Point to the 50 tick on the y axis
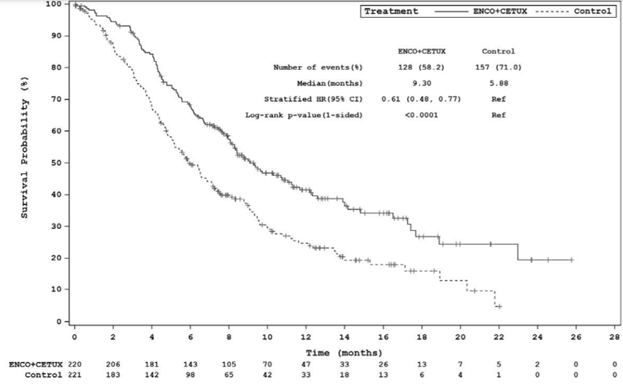click(x=57, y=163)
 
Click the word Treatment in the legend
click(x=391, y=11)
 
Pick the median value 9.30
click(x=421, y=83)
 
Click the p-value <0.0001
click(x=421, y=115)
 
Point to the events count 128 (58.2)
click(x=421, y=68)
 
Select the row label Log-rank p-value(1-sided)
click(x=304, y=115)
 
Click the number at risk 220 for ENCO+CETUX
click(x=74, y=364)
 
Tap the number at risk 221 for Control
click(x=74, y=375)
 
